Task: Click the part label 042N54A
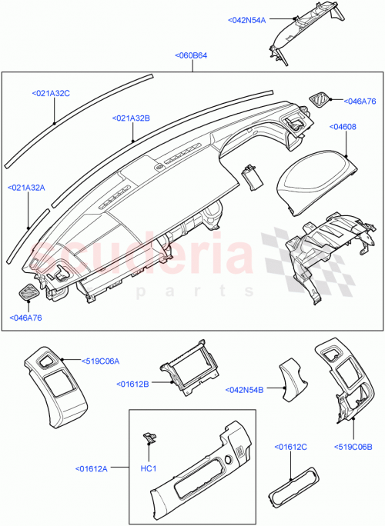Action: [x=246, y=21]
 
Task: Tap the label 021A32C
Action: [x=51, y=93]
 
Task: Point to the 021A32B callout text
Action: [x=131, y=118]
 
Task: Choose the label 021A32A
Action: [x=27, y=187]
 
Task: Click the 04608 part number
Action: [x=343, y=125]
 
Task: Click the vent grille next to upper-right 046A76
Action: [x=318, y=98]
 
